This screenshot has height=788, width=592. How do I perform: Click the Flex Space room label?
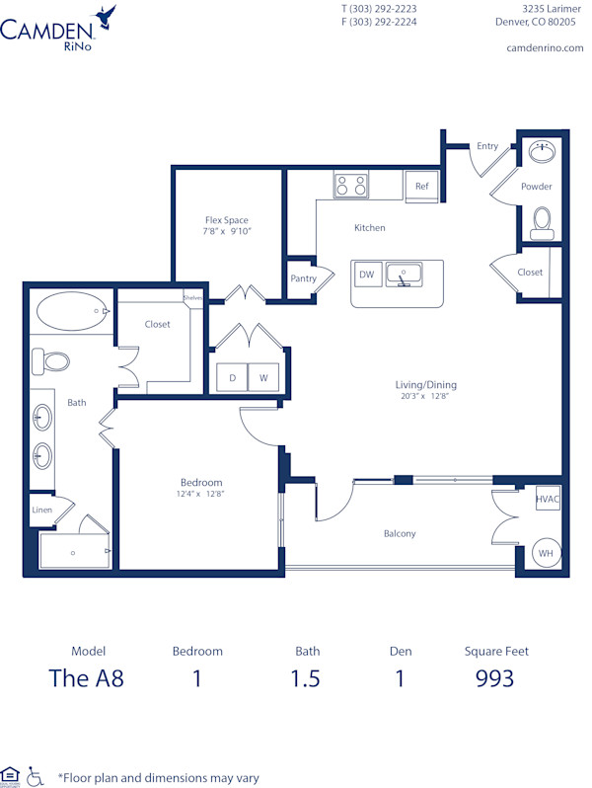pyautogui.click(x=227, y=220)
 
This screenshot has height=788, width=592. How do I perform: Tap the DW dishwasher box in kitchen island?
pyautogui.click(x=367, y=275)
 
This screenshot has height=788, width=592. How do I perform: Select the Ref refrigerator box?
pyautogui.click(x=421, y=186)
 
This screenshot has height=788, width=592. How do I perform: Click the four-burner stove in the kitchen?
pyautogui.click(x=350, y=186)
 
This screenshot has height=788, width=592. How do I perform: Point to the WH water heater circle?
pyautogui.click(x=546, y=554)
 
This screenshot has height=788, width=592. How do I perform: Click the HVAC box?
pyautogui.click(x=548, y=500)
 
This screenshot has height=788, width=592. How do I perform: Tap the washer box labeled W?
pyautogui.click(x=263, y=377)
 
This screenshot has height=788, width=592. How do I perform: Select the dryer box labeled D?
pyautogui.click(x=233, y=377)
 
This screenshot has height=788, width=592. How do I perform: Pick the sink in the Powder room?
pyautogui.click(x=542, y=151)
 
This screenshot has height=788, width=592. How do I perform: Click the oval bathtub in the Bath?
pyautogui.click(x=73, y=312)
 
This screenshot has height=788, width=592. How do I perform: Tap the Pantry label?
pyautogui.click(x=303, y=278)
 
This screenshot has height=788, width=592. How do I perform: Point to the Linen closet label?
pyautogui.click(x=41, y=511)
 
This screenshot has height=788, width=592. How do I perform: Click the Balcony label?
pyautogui.click(x=400, y=533)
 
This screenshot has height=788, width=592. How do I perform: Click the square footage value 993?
pyautogui.click(x=495, y=678)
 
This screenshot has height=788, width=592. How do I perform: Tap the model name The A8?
pyautogui.click(x=87, y=678)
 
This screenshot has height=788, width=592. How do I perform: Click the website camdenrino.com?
pyautogui.click(x=544, y=47)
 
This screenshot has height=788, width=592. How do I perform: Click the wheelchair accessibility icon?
pyautogui.click(x=37, y=775)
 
